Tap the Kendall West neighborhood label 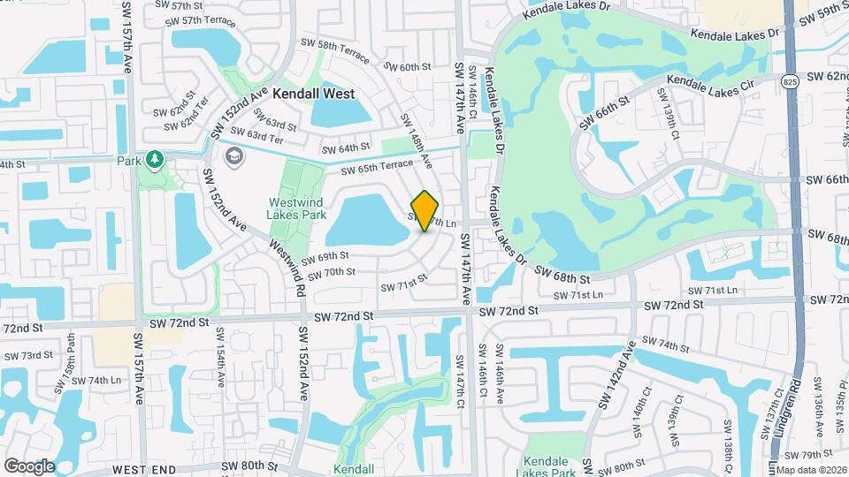pyautogui.click(x=313, y=94)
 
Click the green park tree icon pyautogui.click(x=156, y=159)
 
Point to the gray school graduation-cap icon pyautogui.click(x=234, y=157)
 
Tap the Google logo pyautogui.click(x=29, y=466)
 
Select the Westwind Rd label pyautogui.click(x=288, y=268)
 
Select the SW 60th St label pyautogui.click(x=408, y=66)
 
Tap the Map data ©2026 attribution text pyautogui.click(x=811, y=469)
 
